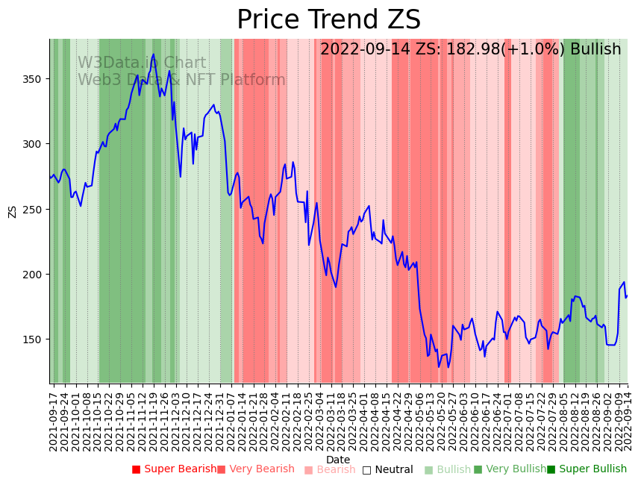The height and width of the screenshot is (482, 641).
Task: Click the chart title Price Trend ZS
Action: pyautogui.click(x=328, y=20)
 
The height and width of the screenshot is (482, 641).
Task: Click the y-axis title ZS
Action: pyautogui.click(x=12, y=211)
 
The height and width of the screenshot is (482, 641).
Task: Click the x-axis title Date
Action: pyautogui.click(x=338, y=460)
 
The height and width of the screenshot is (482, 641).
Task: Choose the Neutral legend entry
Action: pyautogui.click(x=393, y=469)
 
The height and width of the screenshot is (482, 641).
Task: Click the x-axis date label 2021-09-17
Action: pyautogui.click(x=53, y=418)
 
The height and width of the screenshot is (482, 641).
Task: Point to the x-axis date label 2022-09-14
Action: pyautogui.click(x=628, y=418)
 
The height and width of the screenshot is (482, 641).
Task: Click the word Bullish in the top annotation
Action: pyautogui.click(x=595, y=50)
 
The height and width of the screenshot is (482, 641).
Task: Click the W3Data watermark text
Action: pyautogui.click(x=142, y=63)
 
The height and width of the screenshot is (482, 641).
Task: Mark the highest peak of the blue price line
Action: pyautogui.click(x=154, y=54)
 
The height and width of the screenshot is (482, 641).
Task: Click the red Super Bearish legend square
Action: pyautogui.click(x=136, y=469)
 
